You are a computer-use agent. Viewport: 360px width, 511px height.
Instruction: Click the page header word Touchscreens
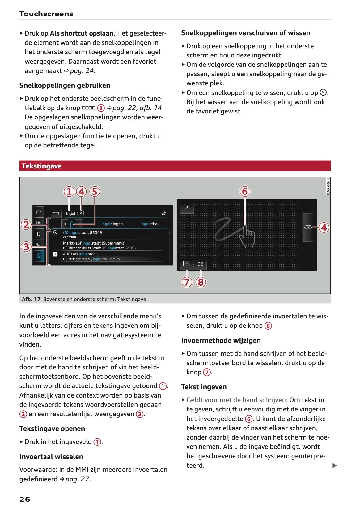pos(46,14)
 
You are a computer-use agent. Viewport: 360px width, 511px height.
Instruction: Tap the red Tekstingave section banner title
pos(42,166)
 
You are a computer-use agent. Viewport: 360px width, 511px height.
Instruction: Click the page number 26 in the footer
pos(25,499)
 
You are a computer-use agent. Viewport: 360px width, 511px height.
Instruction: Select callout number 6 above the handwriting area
pos(245,191)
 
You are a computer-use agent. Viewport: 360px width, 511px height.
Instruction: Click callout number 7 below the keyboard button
pos(187,282)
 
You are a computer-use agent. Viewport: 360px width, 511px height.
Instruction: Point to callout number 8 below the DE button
pos(201,282)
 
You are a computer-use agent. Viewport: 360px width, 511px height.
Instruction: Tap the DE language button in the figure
pos(200,264)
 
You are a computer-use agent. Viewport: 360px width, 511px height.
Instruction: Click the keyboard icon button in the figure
pos(187,264)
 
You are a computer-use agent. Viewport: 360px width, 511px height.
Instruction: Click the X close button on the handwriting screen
pos(187,207)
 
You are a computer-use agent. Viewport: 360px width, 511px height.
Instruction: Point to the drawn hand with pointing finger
pos(247,236)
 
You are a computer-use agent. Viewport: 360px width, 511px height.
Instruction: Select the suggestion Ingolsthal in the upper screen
pos(149,224)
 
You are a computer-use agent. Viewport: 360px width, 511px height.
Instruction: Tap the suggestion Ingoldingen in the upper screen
pos(112,224)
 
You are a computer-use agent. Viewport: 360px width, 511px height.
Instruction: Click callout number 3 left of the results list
pos(26,247)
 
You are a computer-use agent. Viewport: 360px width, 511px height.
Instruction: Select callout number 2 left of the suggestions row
pos(26,224)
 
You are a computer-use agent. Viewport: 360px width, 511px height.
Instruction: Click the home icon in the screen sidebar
pos(38,212)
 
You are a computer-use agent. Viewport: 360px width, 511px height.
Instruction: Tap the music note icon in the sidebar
pos(38,234)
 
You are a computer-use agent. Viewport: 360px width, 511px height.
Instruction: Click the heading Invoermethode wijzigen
pos(221,340)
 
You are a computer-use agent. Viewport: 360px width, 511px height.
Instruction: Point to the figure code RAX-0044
pos(328,186)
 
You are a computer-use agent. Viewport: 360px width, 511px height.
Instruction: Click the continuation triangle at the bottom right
pos(334,466)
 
